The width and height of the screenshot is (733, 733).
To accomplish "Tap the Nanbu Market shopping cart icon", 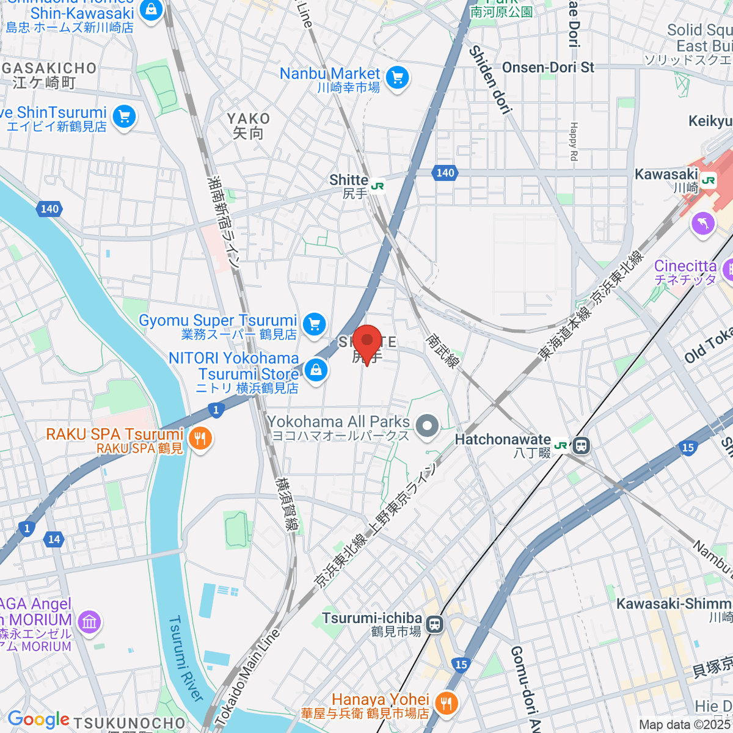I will pos(398,78).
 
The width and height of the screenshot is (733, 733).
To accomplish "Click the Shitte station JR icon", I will pos(378,186).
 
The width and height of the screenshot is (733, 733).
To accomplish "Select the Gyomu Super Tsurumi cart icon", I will pos(315,324).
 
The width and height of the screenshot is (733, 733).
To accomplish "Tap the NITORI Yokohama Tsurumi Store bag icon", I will pos(316,370).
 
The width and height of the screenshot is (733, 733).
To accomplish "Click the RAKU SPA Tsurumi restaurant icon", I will pos(200,438).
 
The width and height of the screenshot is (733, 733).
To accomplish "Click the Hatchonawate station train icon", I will pos(582,445).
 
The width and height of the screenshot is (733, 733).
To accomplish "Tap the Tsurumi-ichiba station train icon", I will pos(434,624).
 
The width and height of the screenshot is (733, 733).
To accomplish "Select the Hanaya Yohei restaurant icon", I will pos(447,704).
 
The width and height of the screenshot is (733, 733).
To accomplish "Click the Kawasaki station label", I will pos(666,174).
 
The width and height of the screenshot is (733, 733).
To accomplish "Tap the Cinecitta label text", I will pos(685,266).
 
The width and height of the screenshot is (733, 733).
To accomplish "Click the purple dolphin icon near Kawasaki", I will pos(703,223).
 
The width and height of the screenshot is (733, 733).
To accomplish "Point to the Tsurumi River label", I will pos(185,658).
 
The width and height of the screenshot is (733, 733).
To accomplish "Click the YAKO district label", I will pos(248,119).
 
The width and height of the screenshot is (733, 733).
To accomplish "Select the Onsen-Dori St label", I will pos(548,68).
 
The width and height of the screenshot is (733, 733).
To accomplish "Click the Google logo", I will pos(38,720).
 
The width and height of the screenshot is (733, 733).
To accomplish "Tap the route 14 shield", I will pos(54,539).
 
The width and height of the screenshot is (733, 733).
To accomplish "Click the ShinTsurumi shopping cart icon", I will pos(125,116).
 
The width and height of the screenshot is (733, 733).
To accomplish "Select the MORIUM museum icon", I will pos(90,622).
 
